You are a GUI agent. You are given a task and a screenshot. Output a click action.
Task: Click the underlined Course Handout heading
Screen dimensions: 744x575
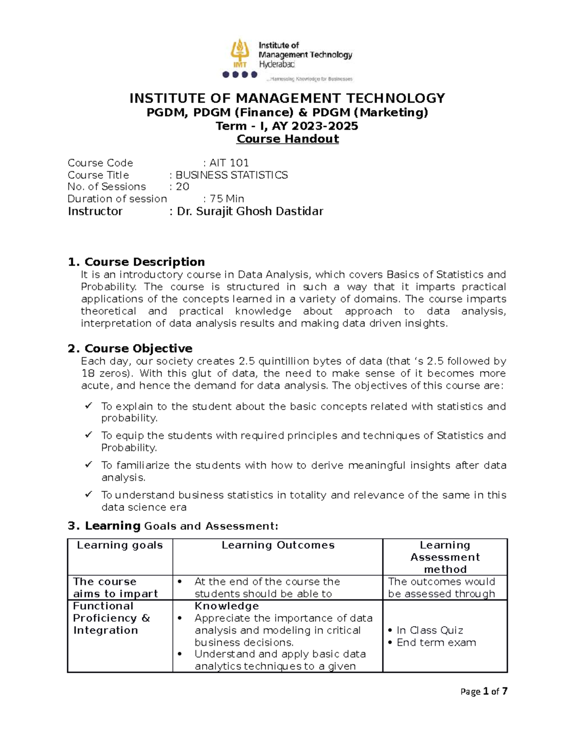287,139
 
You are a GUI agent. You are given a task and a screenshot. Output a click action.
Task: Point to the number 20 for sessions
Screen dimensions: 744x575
183,186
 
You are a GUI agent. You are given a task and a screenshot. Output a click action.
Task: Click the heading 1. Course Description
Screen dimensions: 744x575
137,262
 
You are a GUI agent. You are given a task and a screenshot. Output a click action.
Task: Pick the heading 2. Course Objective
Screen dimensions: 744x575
130,348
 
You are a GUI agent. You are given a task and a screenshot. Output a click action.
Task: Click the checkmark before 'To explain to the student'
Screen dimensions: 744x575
88,406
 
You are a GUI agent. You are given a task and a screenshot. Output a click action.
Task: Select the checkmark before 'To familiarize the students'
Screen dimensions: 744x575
88,465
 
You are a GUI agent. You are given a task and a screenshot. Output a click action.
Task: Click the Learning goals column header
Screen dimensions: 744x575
120,545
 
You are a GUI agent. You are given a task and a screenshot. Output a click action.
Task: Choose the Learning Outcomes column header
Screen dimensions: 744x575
278,545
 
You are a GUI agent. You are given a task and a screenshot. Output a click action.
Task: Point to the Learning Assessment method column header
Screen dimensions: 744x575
445,557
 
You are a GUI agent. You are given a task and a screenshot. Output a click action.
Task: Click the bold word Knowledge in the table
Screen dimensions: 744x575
226,606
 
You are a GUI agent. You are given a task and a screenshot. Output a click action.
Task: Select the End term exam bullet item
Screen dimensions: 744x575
436,642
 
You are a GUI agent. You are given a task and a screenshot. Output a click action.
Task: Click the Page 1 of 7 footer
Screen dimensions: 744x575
483,691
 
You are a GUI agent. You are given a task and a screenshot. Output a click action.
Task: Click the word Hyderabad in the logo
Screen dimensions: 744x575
277,64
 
